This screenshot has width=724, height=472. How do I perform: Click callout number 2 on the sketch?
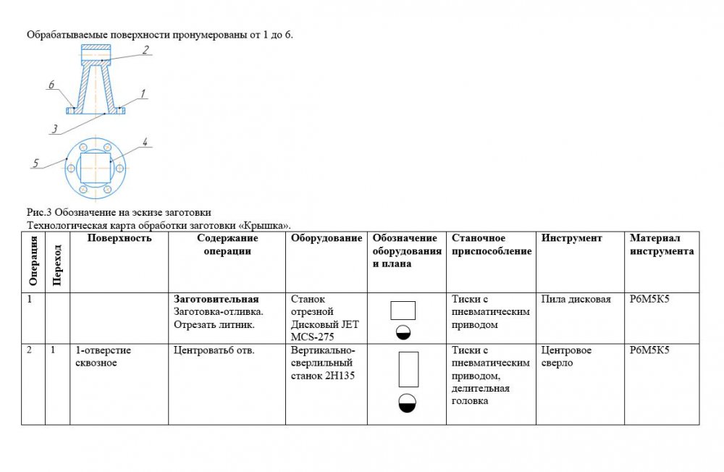[146, 50]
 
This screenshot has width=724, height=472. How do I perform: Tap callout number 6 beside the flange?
[51, 85]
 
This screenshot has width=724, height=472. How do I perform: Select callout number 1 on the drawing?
[143, 93]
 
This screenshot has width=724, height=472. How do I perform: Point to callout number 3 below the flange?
[54, 130]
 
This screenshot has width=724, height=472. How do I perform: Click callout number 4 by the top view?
[146, 143]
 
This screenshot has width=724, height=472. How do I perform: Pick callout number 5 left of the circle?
[35, 164]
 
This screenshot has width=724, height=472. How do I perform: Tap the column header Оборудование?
[327, 238]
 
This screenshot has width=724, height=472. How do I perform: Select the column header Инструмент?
[571, 238]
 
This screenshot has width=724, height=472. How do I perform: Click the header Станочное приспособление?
[492, 245]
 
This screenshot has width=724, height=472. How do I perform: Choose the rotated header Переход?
[57, 264]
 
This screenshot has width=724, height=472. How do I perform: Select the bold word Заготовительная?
[216, 299]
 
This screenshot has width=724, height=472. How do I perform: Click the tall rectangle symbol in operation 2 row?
[408, 369]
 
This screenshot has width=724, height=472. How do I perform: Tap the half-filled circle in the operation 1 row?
[403, 332]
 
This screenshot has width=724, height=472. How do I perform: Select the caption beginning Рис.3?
[119, 213]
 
